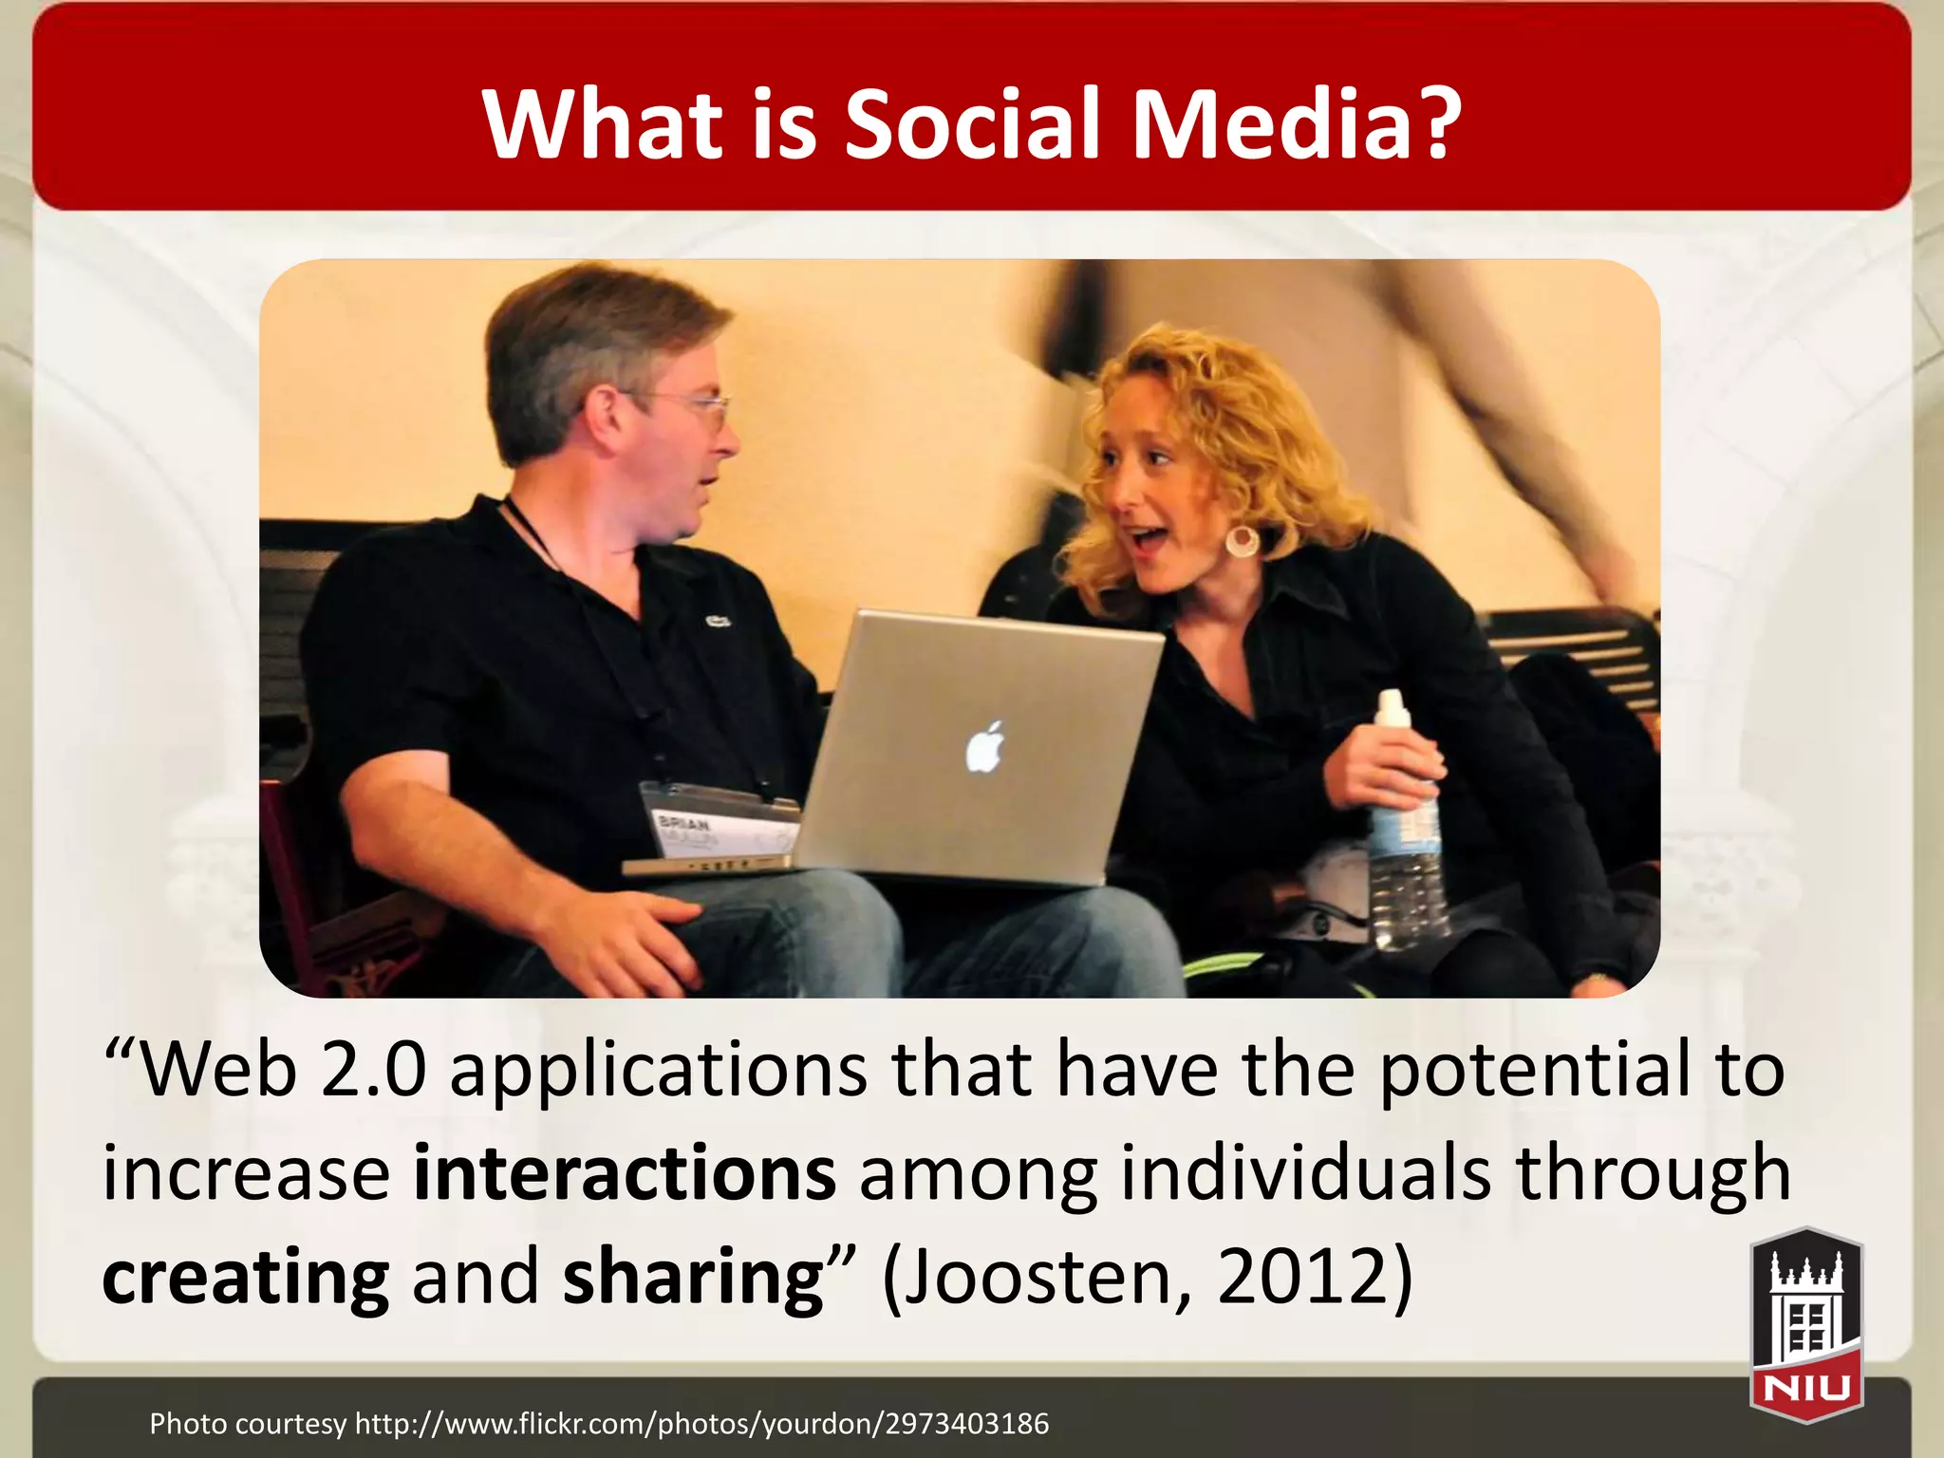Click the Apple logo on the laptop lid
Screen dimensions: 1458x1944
tap(985, 746)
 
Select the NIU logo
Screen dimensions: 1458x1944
tap(1806, 1325)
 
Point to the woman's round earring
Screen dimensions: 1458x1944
tap(1242, 541)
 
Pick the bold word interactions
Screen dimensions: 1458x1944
tap(625, 1173)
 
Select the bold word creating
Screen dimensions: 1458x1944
tap(245, 1277)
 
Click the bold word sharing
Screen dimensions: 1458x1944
tap(693, 1277)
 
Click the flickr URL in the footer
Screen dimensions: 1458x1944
tap(701, 1423)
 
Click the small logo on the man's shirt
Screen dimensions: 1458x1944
tap(717, 622)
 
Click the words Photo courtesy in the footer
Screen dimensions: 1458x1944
tap(248, 1423)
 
